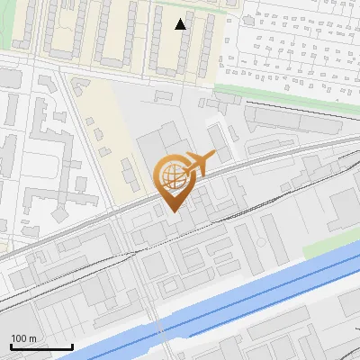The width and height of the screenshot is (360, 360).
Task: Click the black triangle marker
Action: (181, 24)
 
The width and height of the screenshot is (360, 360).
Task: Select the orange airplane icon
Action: (198, 165)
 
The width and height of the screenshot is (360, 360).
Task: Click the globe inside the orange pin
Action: (173, 176)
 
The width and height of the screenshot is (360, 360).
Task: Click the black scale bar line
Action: (41, 346)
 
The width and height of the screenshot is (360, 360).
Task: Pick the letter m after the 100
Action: (31, 338)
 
